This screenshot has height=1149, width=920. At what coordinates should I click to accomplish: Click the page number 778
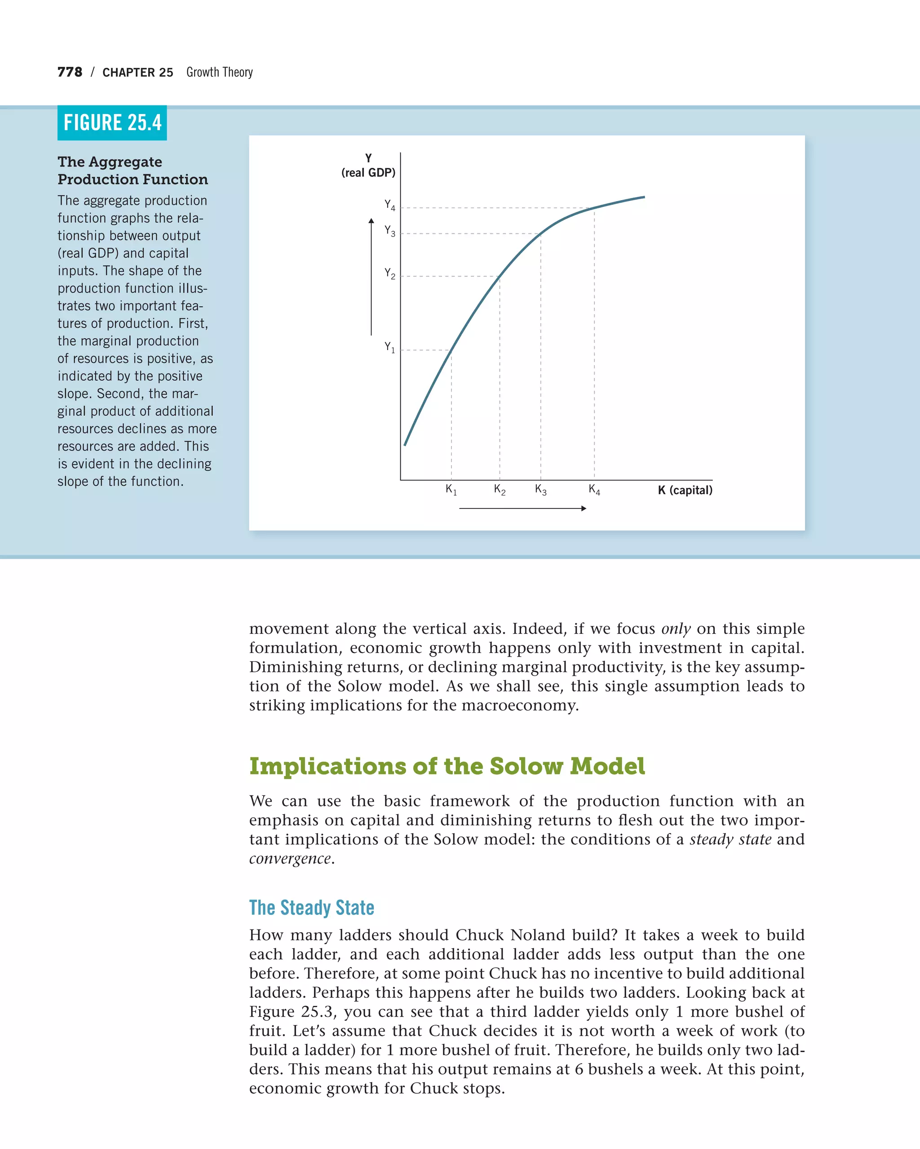(70, 72)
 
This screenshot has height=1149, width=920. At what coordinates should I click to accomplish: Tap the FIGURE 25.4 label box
(112, 123)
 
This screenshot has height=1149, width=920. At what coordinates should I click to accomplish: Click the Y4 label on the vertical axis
(390, 205)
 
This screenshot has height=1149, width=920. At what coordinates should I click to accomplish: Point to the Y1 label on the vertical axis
(390, 347)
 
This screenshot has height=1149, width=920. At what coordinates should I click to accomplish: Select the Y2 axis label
(390, 274)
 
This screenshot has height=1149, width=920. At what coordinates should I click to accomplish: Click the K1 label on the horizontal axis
(451, 489)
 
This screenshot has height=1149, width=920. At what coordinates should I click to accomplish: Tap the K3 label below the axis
(541, 489)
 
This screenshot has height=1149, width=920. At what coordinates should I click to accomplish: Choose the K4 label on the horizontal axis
(594, 489)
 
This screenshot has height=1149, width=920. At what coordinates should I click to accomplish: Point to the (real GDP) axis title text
(368, 173)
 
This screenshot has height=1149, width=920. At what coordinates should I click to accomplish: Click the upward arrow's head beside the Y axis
(371, 221)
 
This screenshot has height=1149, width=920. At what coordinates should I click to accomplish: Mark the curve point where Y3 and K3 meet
(541, 233)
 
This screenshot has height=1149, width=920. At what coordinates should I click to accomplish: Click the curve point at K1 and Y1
(451, 351)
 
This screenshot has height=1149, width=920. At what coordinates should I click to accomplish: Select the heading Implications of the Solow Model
(447, 766)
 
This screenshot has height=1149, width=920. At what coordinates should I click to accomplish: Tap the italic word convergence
(290, 859)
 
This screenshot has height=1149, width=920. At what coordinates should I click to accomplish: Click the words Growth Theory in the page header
(219, 72)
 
